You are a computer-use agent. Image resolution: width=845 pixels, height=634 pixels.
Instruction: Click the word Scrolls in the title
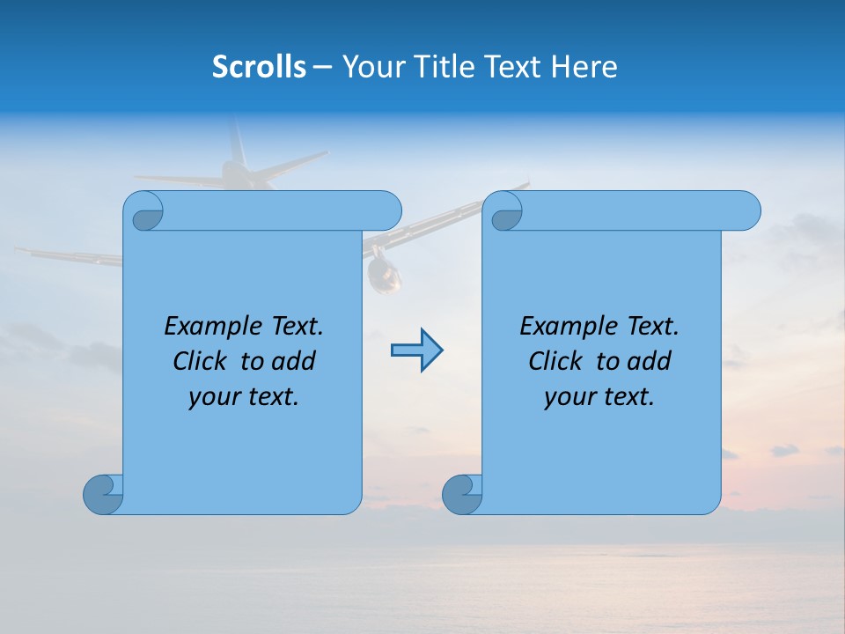click(x=259, y=67)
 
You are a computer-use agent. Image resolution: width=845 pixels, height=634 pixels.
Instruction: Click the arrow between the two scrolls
click(x=416, y=350)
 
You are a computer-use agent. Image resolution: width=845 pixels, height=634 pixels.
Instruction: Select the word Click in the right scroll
click(x=555, y=361)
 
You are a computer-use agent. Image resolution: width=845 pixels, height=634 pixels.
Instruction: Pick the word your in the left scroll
click(x=214, y=397)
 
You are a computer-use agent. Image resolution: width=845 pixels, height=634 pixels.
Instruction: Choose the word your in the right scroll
click(x=569, y=397)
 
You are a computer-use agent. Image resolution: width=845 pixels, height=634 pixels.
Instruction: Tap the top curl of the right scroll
click(x=504, y=211)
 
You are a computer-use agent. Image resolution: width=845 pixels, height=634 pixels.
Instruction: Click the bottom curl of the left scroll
click(x=103, y=494)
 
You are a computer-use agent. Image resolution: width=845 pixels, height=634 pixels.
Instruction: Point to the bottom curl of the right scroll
click(x=462, y=494)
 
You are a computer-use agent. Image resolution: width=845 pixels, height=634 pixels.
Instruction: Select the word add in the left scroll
click(x=293, y=361)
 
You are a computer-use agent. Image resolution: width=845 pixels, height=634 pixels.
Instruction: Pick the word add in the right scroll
click(x=649, y=361)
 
